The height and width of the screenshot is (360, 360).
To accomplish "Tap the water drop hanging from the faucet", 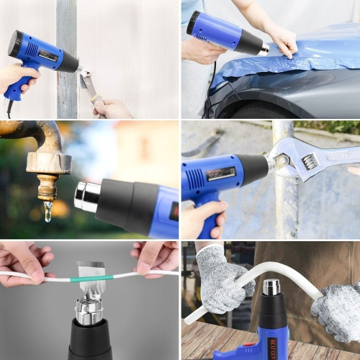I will pyautogui.click(x=48, y=211).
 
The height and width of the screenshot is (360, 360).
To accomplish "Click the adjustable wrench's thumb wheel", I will pyautogui.click(x=310, y=161).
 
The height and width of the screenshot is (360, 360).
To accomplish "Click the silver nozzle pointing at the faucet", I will pyautogui.click(x=86, y=197).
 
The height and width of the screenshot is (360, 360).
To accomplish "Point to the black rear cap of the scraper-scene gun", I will pyautogui.click(x=14, y=44).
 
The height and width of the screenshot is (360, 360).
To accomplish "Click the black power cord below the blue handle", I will pyautogui.click(x=9, y=108).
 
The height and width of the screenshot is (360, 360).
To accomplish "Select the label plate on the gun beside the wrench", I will pyautogui.click(x=220, y=174).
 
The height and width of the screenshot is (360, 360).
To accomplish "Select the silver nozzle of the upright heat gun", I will pyautogui.click(x=271, y=287).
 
